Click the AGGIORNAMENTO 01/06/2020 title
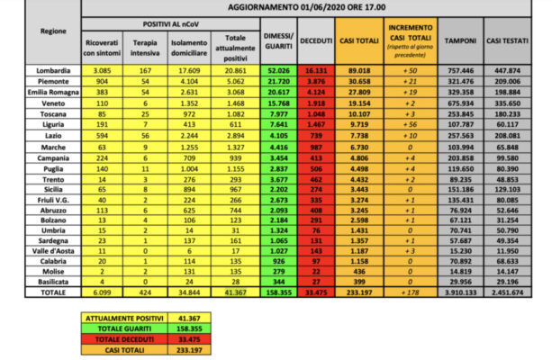pos(317,6)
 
